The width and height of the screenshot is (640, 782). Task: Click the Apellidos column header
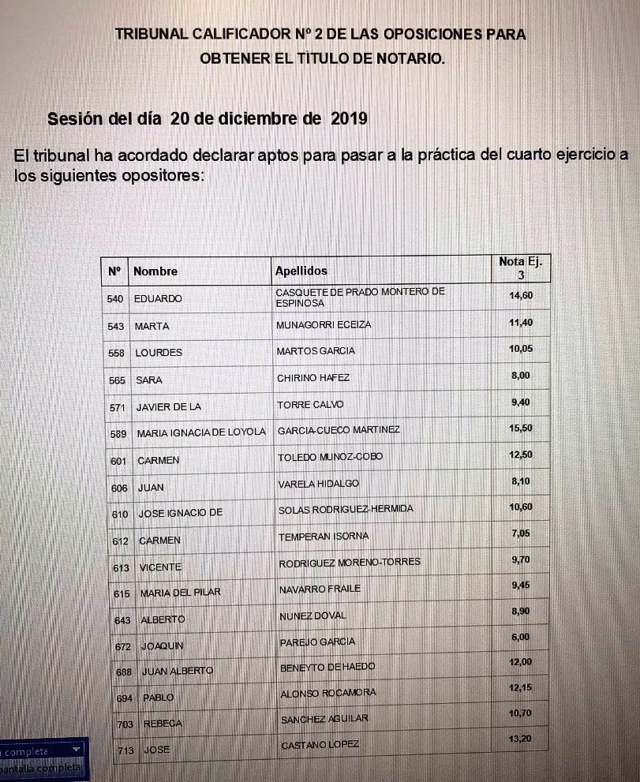[x=301, y=271]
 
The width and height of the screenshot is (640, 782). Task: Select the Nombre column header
[x=155, y=271]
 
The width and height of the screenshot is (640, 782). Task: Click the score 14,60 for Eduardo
[x=522, y=295]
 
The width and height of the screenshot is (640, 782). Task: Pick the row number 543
[x=117, y=326]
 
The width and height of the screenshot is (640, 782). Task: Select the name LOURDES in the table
[x=159, y=353]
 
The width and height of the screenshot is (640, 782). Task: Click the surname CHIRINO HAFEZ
[x=313, y=378]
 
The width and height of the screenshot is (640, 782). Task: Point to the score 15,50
[x=522, y=428]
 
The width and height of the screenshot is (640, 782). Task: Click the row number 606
[x=119, y=488]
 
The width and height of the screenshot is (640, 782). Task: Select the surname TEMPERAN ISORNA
[x=324, y=537]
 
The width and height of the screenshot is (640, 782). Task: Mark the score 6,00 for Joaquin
[x=521, y=637]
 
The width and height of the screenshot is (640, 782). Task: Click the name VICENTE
[x=160, y=567]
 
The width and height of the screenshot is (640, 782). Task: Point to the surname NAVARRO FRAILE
[x=320, y=589]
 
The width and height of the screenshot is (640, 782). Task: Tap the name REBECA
[x=163, y=724]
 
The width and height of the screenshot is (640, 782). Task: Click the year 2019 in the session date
[x=350, y=119]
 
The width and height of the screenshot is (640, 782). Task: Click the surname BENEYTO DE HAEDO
[x=327, y=667]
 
